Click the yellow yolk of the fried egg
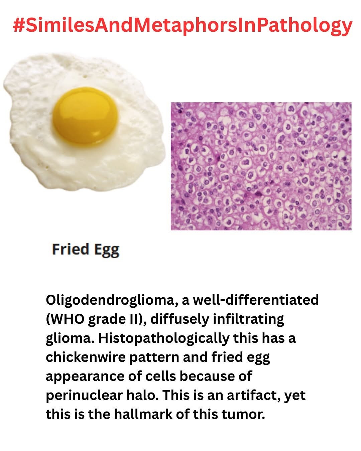85,115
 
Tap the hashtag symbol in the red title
18,25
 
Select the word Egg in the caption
107,250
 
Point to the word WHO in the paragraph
67,319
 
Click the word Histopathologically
164,339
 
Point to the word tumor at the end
243,414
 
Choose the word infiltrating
249,320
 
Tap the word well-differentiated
256,300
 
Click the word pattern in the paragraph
154,358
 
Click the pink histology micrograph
261,166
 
